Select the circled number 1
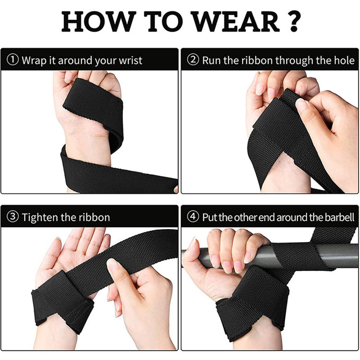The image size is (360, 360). pos(13,60)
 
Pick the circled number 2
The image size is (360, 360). pos(193,60)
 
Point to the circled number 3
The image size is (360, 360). pos(13,217)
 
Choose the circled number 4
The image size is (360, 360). pos(193,217)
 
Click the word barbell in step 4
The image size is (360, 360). pos(339,217)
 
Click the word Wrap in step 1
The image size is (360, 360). pos(34,60)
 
